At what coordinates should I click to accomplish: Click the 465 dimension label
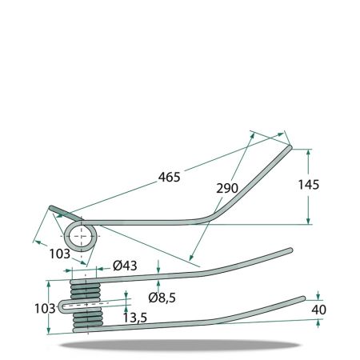tap(169, 177)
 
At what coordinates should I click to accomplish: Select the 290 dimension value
tap(227, 188)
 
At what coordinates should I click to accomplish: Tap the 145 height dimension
tap(308, 185)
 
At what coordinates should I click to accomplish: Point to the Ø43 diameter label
tap(125, 266)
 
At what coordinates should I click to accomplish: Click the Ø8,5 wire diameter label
tap(162, 298)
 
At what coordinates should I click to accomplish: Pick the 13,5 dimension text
tap(135, 318)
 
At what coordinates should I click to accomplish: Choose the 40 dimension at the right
tap(318, 310)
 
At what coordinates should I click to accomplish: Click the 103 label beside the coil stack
tap(45, 309)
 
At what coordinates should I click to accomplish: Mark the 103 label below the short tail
tap(59, 254)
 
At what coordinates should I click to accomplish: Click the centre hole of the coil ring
tap(82, 237)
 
